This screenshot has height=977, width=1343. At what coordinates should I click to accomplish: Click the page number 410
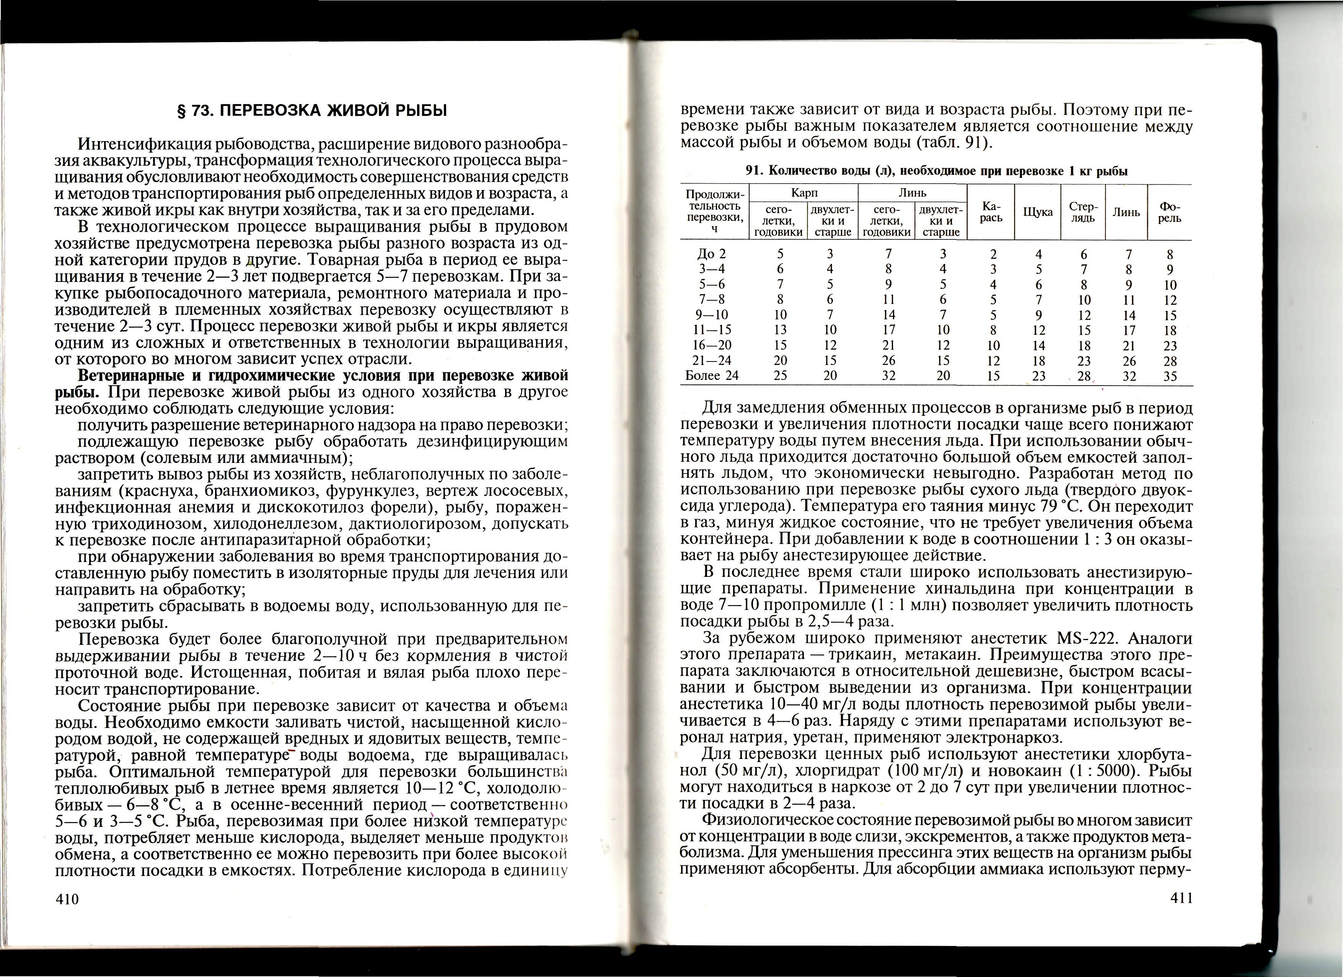(67, 899)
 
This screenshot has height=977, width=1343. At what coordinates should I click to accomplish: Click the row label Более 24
(712, 375)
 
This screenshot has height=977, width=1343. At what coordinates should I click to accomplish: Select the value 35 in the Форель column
(1170, 376)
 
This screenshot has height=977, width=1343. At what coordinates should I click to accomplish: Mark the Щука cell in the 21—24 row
(1039, 361)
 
